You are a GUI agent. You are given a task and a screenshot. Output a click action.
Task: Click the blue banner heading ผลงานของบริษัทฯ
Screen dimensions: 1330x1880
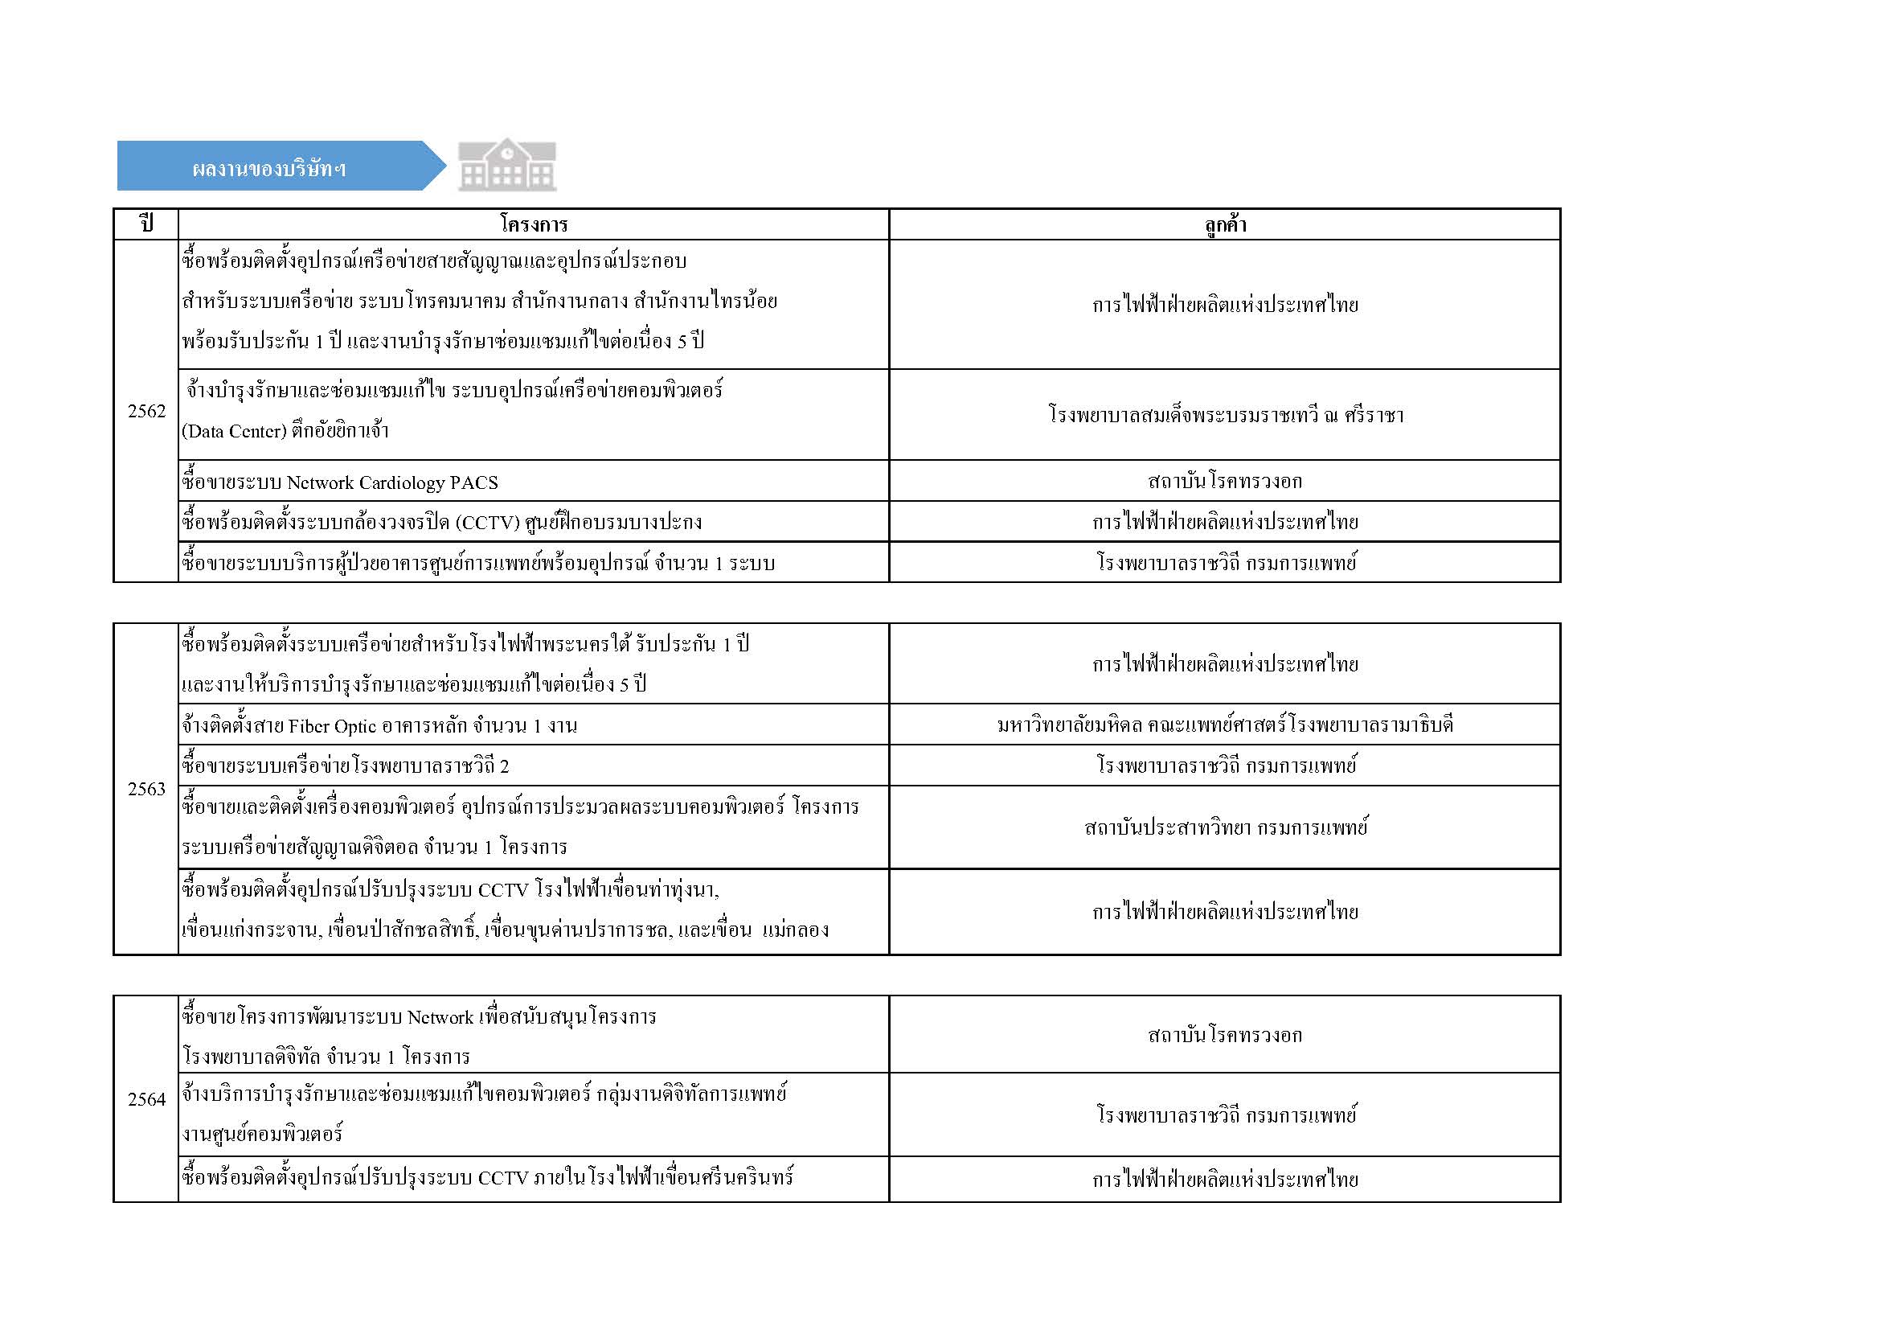point(269,168)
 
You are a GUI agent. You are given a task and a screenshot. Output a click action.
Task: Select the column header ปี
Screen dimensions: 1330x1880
point(146,224)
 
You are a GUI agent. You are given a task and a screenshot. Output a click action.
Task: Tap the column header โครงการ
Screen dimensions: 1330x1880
point(533,224)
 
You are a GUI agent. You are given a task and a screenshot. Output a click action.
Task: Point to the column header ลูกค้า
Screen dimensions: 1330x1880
point(1225,224)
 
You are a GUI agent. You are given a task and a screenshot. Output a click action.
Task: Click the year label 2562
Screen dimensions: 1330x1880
point(146,411)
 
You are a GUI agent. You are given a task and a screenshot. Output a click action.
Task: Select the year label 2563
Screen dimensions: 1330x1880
point(146,789)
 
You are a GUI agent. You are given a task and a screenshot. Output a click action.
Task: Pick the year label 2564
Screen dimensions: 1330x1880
point(146,1099)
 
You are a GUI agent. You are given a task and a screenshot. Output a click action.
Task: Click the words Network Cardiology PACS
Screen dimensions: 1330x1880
point(392,483)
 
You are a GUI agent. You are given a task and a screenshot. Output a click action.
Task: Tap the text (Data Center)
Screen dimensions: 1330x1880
point(233,431)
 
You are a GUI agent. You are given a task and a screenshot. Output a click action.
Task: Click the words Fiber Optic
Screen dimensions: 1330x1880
point(333,725)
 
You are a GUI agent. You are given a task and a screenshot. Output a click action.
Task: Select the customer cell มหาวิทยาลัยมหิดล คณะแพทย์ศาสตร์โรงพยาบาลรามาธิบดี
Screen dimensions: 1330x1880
point(1225,725)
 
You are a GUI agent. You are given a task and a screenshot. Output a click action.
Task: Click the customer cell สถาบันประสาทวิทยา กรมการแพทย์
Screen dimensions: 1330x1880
point(1225,827)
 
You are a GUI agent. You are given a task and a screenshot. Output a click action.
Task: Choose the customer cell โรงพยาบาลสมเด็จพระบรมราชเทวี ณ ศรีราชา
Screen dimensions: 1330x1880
point(1225,414)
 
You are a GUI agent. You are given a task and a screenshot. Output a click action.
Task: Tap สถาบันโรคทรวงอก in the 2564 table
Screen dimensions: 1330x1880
point(1225,1035)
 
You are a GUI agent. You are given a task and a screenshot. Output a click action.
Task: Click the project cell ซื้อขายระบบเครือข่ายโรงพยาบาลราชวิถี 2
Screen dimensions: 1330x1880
point(346,766)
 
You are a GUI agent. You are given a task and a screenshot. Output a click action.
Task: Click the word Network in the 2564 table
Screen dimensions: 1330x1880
point(440,1017)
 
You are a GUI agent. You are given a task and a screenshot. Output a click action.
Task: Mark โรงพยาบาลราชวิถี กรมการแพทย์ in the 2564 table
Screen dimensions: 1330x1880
point(1225,1114)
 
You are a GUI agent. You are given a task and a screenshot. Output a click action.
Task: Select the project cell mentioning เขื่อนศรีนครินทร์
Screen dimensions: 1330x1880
point(487,1179)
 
